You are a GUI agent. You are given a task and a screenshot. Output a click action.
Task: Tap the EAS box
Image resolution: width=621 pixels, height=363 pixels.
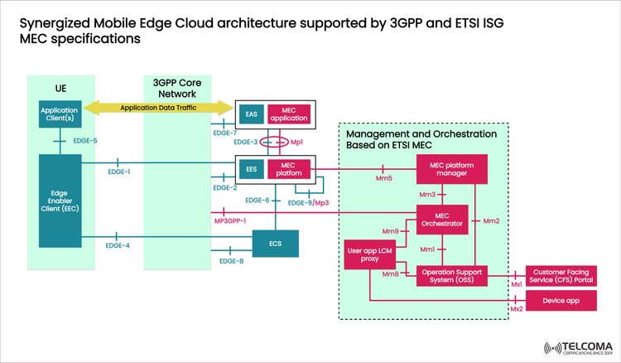click(249, 114)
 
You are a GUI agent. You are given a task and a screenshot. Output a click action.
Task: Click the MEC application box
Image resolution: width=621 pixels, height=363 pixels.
click(289, 114)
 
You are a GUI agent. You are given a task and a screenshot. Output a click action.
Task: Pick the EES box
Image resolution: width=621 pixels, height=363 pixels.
click(249, 169)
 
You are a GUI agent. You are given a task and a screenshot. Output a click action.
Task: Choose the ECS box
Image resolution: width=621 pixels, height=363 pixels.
click(274, 244)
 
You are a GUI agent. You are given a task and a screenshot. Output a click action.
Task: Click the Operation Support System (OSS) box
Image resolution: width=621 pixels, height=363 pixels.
click(452, 276)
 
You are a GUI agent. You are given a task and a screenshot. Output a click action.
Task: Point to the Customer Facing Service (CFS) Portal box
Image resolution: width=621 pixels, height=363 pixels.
click(562, 276)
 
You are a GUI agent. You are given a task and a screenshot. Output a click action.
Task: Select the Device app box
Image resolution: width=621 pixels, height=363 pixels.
click(562, 300)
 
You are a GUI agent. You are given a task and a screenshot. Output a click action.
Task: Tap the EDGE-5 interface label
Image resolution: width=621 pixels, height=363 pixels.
click(85, 141)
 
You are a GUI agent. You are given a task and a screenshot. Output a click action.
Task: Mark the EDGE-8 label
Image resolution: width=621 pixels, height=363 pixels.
click(231, 261)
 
